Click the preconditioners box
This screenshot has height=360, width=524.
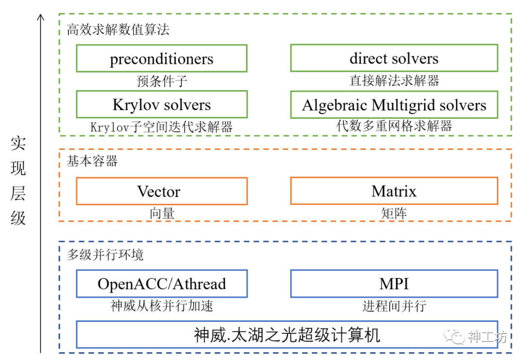(162, 59)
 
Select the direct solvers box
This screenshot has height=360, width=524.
(394, 58)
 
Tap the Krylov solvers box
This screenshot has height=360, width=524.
(162, 104)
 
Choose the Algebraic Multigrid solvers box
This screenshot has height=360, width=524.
(394, 105)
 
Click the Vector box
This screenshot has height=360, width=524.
(162, 191)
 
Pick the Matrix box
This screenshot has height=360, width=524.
(394, 191)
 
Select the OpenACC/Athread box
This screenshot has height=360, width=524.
(162, 284)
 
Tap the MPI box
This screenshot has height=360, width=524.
(394, 284)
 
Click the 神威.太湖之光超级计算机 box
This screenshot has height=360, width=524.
(287, 334)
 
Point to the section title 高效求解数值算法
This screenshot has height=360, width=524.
(118, 30)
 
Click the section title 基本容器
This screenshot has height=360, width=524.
(92, 161)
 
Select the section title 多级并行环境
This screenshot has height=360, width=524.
(105, 255)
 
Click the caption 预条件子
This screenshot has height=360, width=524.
(162, 81)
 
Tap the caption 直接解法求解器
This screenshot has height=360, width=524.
(394, 81)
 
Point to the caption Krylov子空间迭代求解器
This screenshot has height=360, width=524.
(162, 127)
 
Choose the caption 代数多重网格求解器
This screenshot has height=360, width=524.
(394, 127)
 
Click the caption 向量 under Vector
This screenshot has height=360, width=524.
(162, 213)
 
